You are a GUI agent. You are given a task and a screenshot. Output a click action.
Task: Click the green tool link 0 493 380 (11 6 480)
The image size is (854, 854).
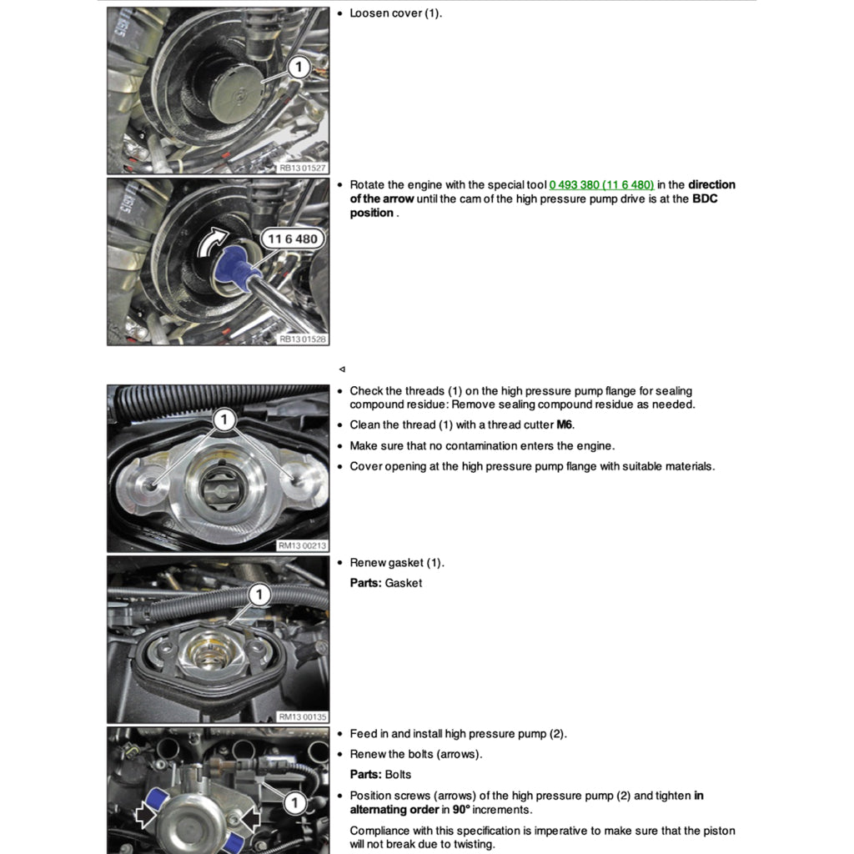tap(601, 185)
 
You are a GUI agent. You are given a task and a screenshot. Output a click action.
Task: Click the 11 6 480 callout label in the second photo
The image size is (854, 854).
tap(293, 239)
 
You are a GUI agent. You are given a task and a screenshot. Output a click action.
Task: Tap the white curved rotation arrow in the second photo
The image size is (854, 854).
tap(213, 243)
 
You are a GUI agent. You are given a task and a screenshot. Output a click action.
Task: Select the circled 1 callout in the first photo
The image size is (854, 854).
tap(299, 68)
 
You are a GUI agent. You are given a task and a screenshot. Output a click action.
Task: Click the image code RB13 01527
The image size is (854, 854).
tap(303, 168)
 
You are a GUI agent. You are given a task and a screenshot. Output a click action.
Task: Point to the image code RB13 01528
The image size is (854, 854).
tap(303, 339)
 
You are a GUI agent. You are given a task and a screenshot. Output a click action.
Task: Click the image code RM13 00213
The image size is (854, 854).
tap(303, 545)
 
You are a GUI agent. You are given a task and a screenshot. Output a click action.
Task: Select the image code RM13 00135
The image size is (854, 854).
tap(303, 716)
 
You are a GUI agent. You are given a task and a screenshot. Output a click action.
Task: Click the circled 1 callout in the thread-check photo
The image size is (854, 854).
tap(224, 420)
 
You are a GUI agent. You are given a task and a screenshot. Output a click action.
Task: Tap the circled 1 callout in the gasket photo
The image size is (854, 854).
tap(259, 595)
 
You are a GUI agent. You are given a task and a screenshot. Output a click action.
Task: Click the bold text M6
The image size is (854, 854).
tap(565, 425)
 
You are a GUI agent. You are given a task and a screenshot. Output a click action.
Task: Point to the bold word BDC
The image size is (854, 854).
tap(705, 199)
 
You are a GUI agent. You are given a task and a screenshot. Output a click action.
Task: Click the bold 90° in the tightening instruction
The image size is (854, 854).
tap(463, 810)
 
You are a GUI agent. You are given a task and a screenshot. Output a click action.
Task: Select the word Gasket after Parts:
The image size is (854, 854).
tap(404, 583)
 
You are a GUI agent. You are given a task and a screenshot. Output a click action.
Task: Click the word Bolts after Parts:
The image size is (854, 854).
tap(398, 775)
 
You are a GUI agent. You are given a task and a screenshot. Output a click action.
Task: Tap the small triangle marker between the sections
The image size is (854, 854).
tap(342, 369)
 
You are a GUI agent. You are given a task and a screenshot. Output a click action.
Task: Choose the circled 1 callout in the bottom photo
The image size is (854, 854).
tap(294, 803)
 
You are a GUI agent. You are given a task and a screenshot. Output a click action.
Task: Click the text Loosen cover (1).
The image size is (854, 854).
tap(395, 13)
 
